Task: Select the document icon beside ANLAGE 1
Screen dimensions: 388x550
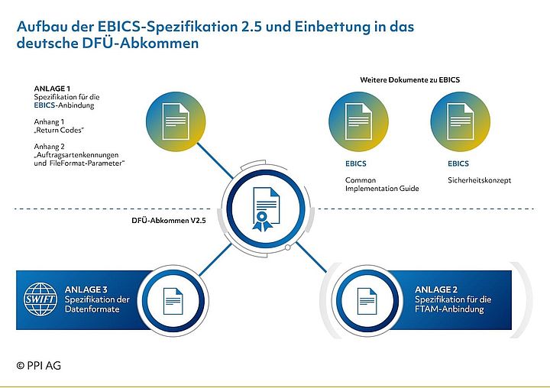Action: click(174, 121)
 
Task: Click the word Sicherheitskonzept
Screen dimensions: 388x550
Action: click(479, 180)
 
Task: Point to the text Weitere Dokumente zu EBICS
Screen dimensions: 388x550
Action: click(409, 79)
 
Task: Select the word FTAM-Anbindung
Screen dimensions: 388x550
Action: click(451, 309)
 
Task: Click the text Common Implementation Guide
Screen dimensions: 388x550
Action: click(382, 184)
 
